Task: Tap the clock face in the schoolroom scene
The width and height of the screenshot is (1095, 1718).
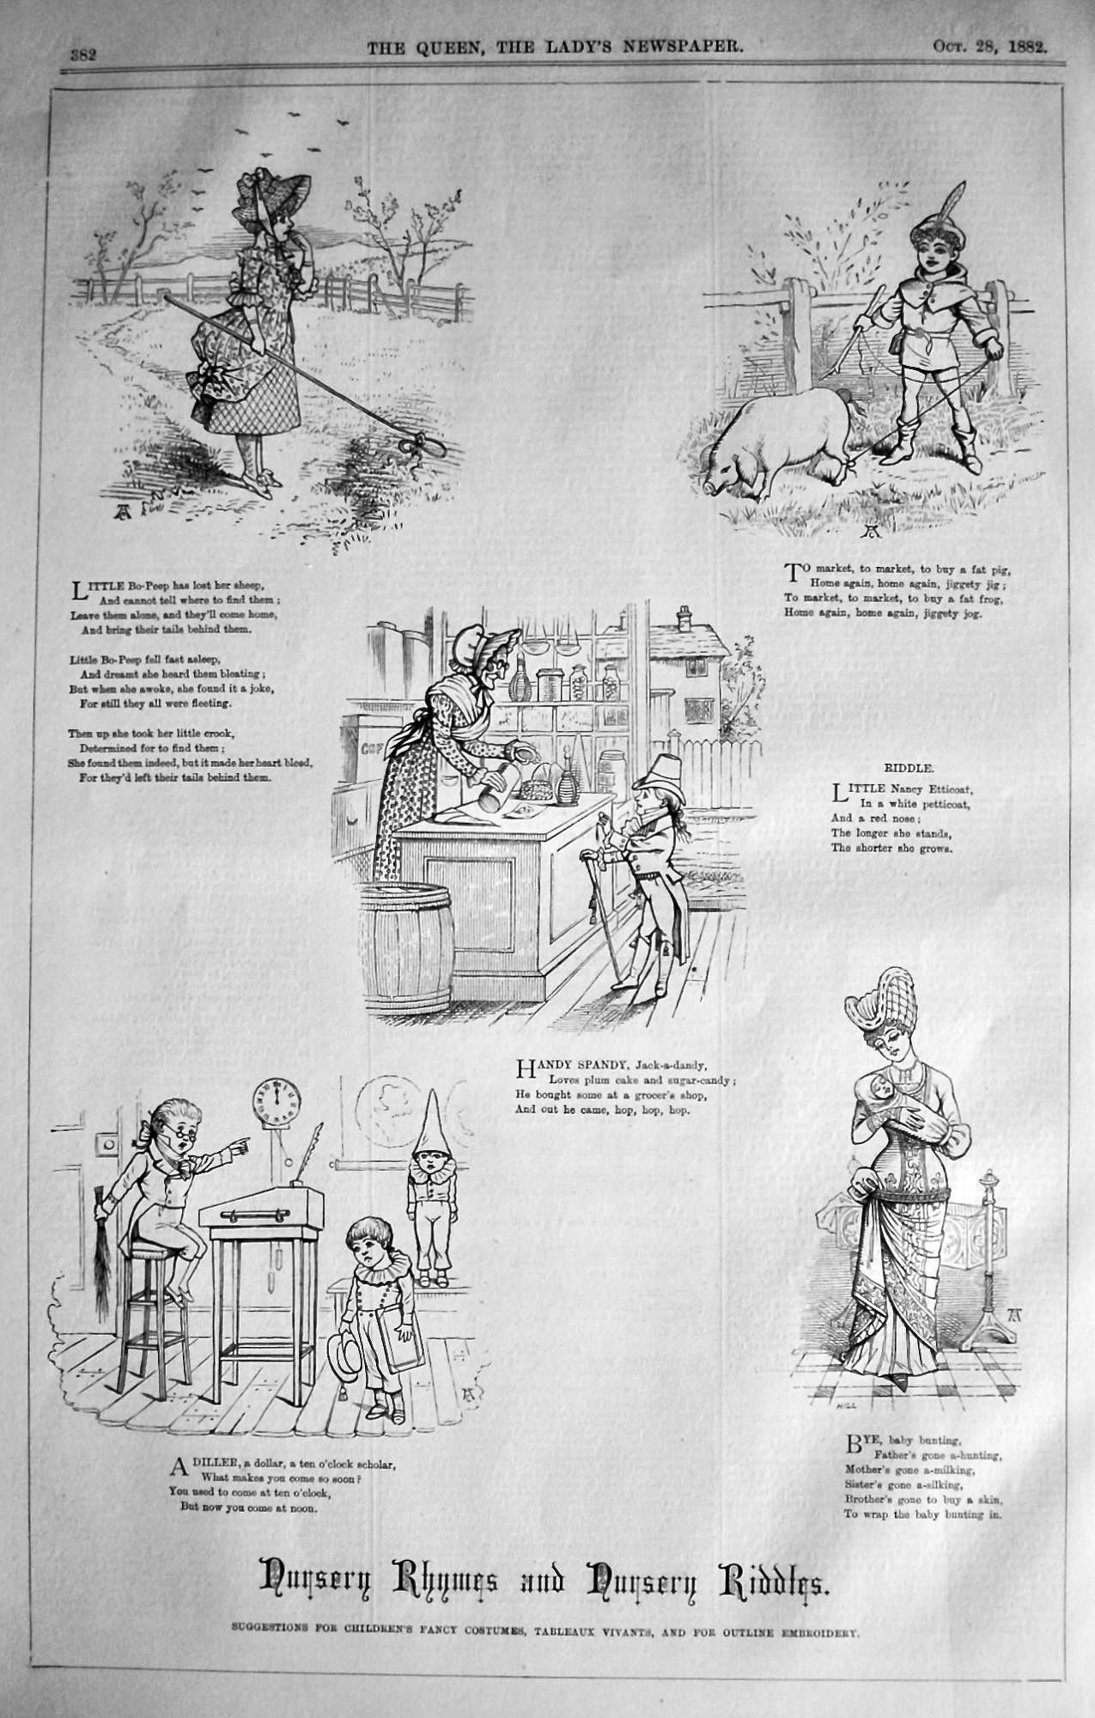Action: pyautogui.click(x=276, y=1101)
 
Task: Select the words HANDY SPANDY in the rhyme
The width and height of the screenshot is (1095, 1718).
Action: pyautogui.click(x=566, y=1068)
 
